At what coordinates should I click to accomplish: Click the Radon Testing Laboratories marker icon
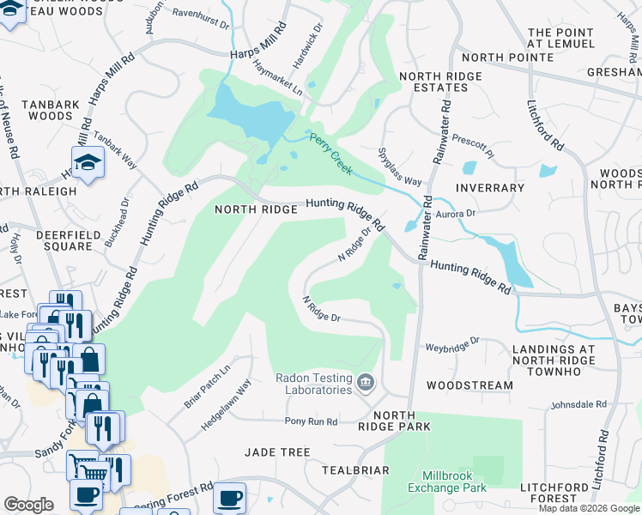tap(366, 381)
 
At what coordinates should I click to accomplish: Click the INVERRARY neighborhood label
tap(490, 188)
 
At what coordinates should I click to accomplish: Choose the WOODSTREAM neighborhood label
tap(469, 385)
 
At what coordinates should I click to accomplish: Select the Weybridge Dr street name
tap(452, 347)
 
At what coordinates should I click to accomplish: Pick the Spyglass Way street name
tap(400, 167)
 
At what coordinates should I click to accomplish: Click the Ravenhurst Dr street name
tap(201, 14)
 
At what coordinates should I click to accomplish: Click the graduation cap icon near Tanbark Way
tap(88, 162)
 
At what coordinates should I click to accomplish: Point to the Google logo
tap(29, 505)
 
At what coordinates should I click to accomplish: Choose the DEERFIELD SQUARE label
tap(64, 240)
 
